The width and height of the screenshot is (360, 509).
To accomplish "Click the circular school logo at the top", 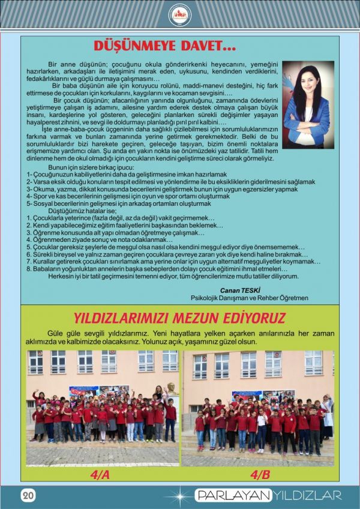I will click(x=180, y=14).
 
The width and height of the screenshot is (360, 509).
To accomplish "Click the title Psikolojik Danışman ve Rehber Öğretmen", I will click(x=258, y=297).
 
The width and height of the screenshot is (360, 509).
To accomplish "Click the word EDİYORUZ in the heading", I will click(x=253, y=318).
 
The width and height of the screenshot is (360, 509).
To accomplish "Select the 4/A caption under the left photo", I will click(x=100, y=474).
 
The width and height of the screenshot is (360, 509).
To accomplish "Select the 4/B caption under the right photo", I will click(x=260, y=474).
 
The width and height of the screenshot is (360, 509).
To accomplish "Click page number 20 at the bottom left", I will click(x=28, y=495).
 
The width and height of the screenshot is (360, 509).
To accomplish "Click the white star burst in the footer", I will click(x=179, y=496).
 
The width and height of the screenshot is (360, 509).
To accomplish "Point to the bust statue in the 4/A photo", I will click(x=171, y=388).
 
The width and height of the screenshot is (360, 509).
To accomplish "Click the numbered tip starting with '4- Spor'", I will click(x=128, y=196).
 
